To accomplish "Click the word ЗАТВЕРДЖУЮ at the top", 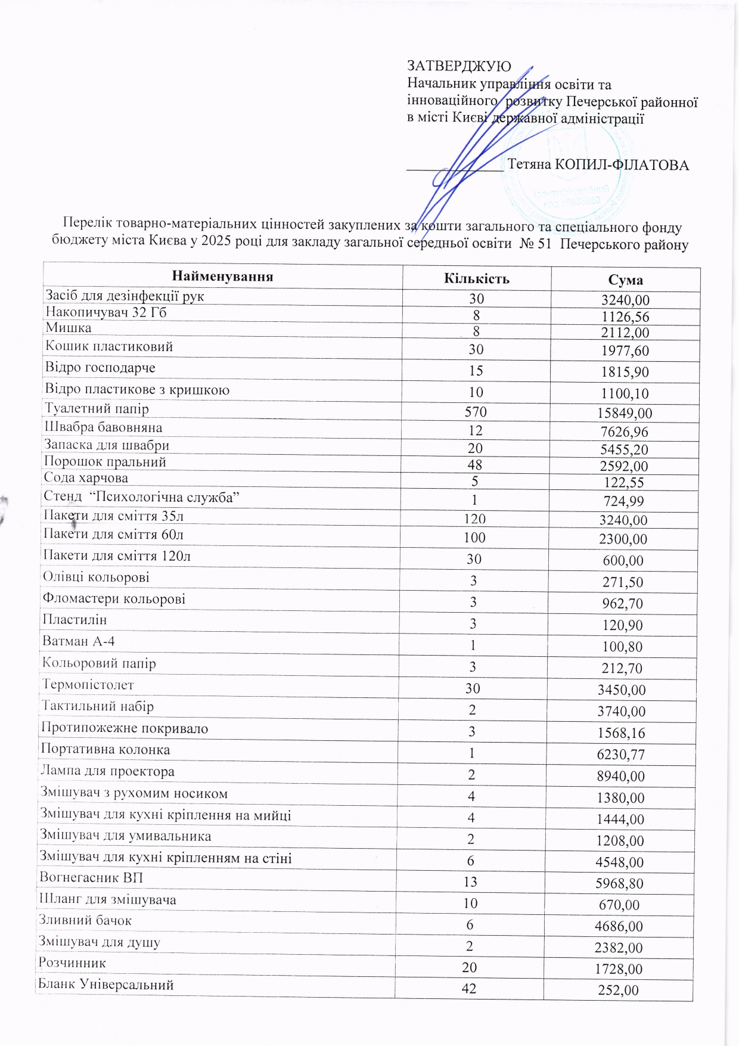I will [458, 67].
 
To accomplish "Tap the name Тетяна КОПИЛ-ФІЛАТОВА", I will [598, 165].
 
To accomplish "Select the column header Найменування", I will [222, 277].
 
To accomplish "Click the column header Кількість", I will [477, 279].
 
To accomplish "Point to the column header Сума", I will [625, 280].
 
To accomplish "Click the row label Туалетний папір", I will [97, 409].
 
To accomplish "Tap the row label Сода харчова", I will [86, 478].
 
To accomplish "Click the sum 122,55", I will [624, 483].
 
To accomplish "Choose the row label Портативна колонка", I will [105, 750].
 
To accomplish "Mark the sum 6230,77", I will [621, 755].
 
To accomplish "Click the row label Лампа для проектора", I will [107, 771].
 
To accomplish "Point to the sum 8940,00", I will [621, 776].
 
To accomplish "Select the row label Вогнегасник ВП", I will [91, 878].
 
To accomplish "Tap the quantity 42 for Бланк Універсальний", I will [469, 988].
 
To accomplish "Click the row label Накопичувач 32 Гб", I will [106, 312].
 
